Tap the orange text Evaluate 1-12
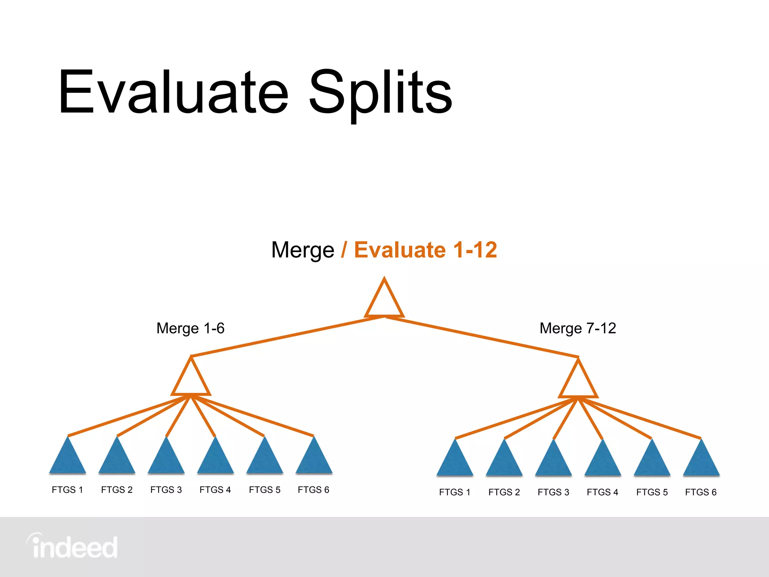pos(425,250)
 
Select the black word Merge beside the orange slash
pos(303,250)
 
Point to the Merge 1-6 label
pos(190,328)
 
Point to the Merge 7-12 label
pos(578,328)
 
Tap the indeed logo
pos(72,547)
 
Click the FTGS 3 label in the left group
pos(166,490)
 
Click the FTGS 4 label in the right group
pos(602,492)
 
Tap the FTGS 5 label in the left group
pos(265,490)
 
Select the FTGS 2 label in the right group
pos(504,492)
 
